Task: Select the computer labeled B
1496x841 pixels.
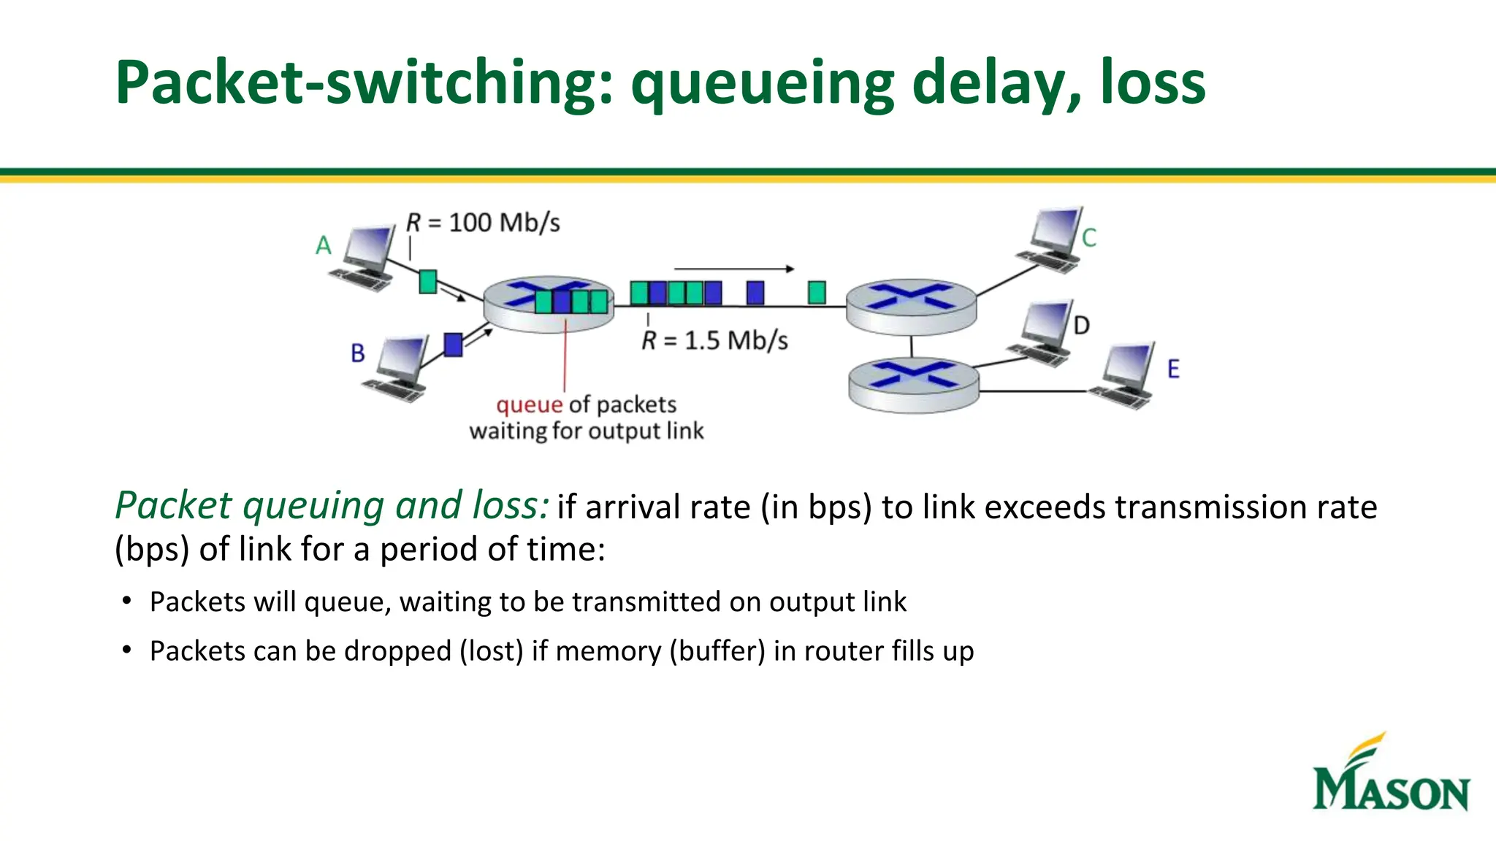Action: click(x=398, y=369)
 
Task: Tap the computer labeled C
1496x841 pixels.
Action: click(x=1050, y=240)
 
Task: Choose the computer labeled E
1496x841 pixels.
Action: click(x=1126, y=375)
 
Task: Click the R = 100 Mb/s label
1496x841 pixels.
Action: click(x=484, y=223)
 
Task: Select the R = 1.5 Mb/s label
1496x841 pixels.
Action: click(x=715, y=341)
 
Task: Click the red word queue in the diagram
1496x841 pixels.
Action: click(x=529, y=404)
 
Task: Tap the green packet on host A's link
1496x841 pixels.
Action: click(x=428, y=282)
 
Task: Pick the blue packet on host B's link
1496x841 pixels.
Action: click(x=453, y=345)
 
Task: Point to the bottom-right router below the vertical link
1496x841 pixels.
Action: click(x=913, y=385)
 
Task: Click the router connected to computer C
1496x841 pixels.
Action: click(x=911, y=306)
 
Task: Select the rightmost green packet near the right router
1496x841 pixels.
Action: click(x=817, y=293)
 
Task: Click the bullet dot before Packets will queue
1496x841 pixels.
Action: click(x=127, y=602)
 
